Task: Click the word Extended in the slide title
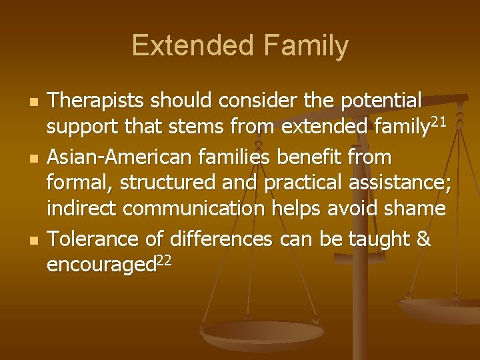coord(188,46)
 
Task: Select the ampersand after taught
coord(423,238)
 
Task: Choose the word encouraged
coord(100,265)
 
